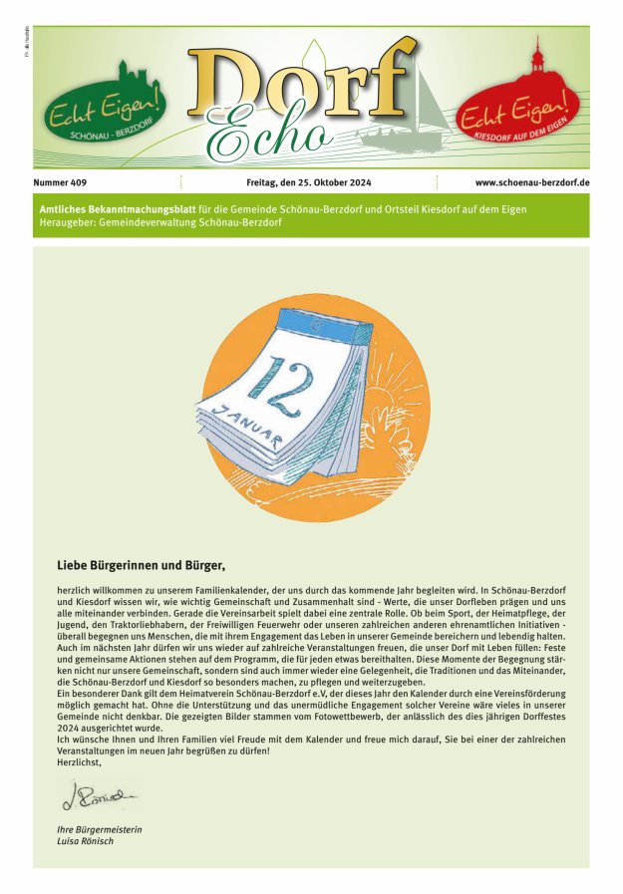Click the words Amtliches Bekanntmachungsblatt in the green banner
pos(111,209)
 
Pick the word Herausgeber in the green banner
pos(69,222)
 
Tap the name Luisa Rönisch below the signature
pos(87,842)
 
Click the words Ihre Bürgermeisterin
pos(99,830)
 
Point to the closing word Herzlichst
pos(81,760)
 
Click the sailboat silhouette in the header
pos(403,110)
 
